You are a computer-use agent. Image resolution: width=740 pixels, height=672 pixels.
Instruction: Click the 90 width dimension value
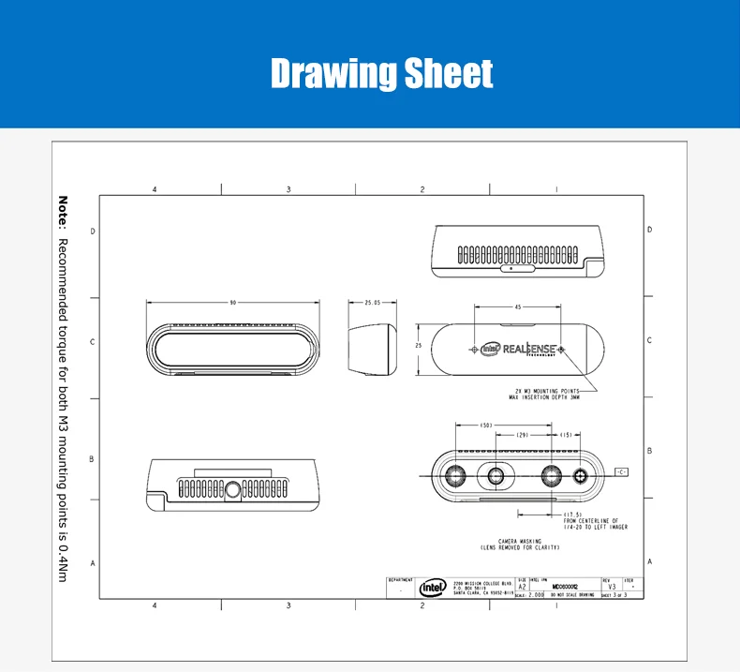coord(231,303)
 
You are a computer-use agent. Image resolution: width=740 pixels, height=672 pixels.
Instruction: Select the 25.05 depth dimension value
coord(372,303)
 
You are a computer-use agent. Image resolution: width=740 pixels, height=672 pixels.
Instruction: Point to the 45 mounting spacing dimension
coord(518,306)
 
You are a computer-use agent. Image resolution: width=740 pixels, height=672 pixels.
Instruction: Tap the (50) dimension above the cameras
coord(487,426)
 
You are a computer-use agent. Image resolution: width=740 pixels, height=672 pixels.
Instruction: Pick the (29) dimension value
coord(523,436)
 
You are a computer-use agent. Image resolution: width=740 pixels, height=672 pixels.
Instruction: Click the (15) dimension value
coord(567,436)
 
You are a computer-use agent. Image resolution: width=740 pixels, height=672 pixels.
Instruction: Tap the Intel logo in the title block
coord(432,586)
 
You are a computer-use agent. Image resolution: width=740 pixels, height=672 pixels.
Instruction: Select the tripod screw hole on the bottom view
coord(232,488)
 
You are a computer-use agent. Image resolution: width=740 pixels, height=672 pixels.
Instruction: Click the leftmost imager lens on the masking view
coord(458,474)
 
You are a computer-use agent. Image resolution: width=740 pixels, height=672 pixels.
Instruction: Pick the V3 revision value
coord(612,588)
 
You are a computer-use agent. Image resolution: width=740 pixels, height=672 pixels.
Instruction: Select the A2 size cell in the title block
coord(522,588)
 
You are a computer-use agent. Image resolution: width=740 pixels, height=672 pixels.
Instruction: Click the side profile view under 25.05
coord(372,348)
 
